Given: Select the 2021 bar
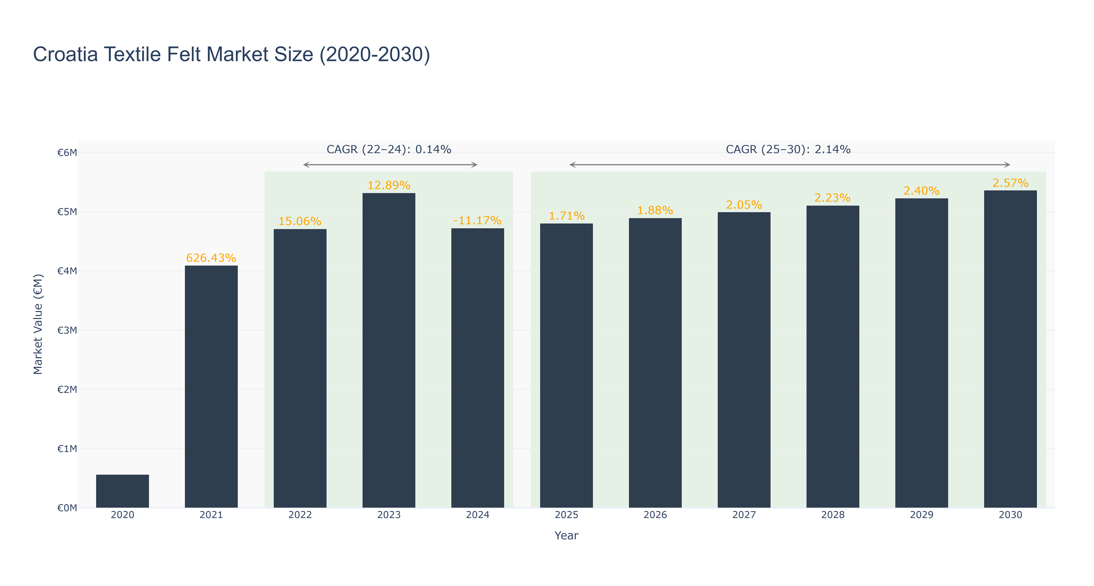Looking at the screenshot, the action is pos(211,386).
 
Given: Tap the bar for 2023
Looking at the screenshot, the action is pos(389,350).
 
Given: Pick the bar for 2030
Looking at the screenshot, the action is pos(1010,349).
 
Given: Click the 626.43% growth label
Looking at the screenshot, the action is pos(211,258).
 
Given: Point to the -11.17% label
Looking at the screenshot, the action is pos(477,220).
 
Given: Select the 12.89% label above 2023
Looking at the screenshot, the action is pos(389,185).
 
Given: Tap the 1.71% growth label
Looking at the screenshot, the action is pos(567,216).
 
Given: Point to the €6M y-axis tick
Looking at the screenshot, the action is pos(67,152).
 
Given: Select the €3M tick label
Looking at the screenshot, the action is pos(67,330).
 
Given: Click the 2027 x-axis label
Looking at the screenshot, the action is pos(744,515).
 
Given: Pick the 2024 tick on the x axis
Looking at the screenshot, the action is pos(477,515).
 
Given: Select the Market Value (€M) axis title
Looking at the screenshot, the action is pos(38,324).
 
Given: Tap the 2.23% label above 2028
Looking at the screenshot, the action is pos(832,198).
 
